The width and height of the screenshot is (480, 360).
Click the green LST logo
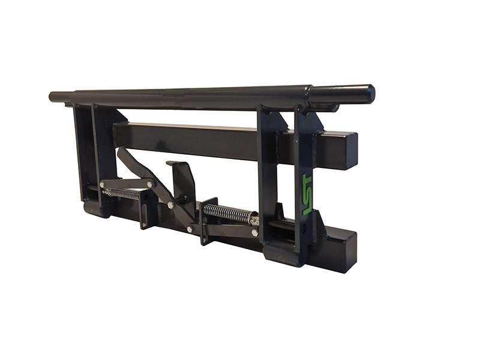point(307,194)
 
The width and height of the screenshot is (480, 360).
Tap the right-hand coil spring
point(227,212)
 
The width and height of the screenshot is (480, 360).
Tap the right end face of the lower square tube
point(349,252)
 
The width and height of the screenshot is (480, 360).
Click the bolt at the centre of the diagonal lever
point(171,205)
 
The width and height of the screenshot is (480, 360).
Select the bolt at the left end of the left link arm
point(102,185)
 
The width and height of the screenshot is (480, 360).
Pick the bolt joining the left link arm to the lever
point(150,184)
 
